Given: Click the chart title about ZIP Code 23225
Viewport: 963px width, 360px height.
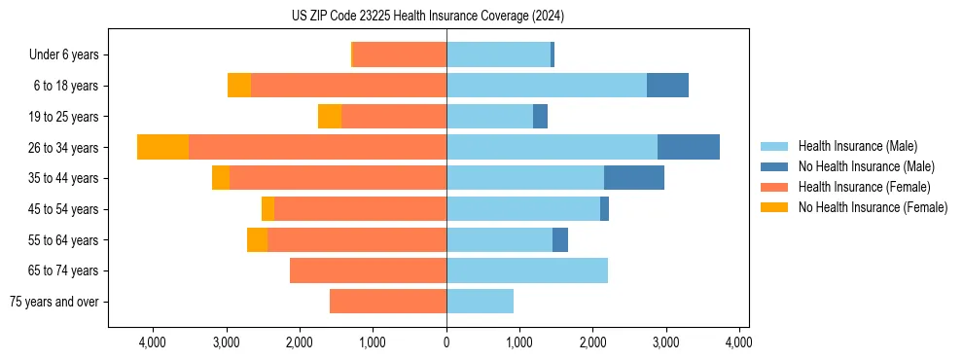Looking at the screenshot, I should coord(428,17).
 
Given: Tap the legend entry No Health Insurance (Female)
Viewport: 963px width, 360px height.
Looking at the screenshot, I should coord(873,207).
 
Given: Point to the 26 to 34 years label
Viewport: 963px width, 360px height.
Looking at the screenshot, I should coord(64,148).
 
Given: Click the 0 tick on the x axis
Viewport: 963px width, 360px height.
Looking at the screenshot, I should coord(446,342).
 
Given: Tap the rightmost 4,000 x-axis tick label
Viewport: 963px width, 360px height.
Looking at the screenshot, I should coord(738,342).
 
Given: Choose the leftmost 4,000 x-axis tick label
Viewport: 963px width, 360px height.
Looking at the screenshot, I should coord(153,342).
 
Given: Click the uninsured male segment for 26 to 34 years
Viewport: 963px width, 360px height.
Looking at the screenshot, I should coord(689,147).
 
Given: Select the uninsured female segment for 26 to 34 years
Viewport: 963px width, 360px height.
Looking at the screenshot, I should coord(162,147).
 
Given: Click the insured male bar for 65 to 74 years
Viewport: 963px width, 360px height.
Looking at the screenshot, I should coord(527,270).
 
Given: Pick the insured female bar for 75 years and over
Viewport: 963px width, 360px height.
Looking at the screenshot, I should coord(388,302).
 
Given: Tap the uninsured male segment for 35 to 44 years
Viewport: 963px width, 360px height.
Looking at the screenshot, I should coord(634,178).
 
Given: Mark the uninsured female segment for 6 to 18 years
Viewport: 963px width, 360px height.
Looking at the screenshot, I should coord(239,86).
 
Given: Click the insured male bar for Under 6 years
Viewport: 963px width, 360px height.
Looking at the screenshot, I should coord(498,54).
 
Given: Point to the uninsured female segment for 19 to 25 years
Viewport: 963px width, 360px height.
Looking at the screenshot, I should coord(330,117).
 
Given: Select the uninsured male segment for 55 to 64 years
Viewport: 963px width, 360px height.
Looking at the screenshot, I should coord(560,239).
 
